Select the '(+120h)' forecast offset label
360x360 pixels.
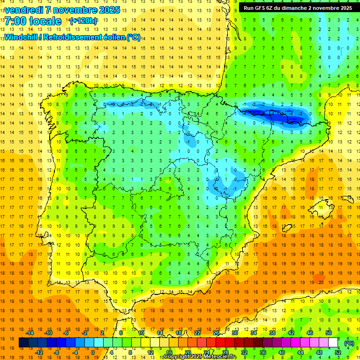point(83,21)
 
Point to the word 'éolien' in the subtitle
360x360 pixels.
point(113,37)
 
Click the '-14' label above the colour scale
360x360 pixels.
point(30,332)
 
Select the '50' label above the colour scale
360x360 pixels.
point(328,332)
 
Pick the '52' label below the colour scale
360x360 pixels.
point(338,352)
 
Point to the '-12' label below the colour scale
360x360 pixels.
point(39,352)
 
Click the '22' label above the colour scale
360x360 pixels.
point(197,332)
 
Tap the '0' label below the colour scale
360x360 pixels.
point(93,352)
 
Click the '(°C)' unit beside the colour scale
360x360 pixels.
point(349,343)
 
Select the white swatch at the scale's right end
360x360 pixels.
point(333,343)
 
